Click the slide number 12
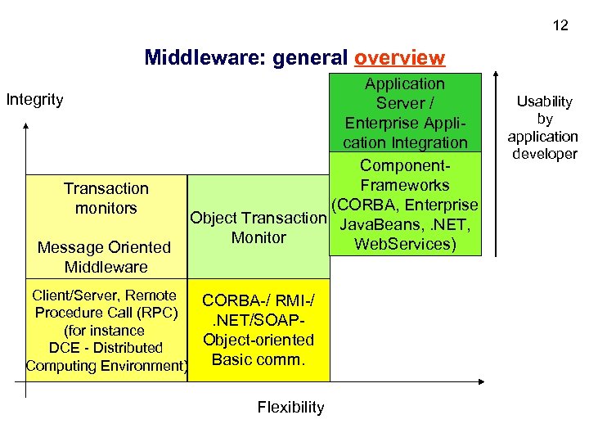pos(560,25)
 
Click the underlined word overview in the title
pos(400,58)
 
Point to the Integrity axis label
pos(34,100)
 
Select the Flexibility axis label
pos(290,407)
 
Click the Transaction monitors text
pos(106,198)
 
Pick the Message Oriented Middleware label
pos(106,257)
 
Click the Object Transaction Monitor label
pos(258,228)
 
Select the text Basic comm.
pos(258,359)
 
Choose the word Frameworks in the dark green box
pos(404,185)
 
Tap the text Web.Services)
pos(404,244)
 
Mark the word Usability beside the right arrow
pos(544,101)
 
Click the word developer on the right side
pos(544,154)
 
